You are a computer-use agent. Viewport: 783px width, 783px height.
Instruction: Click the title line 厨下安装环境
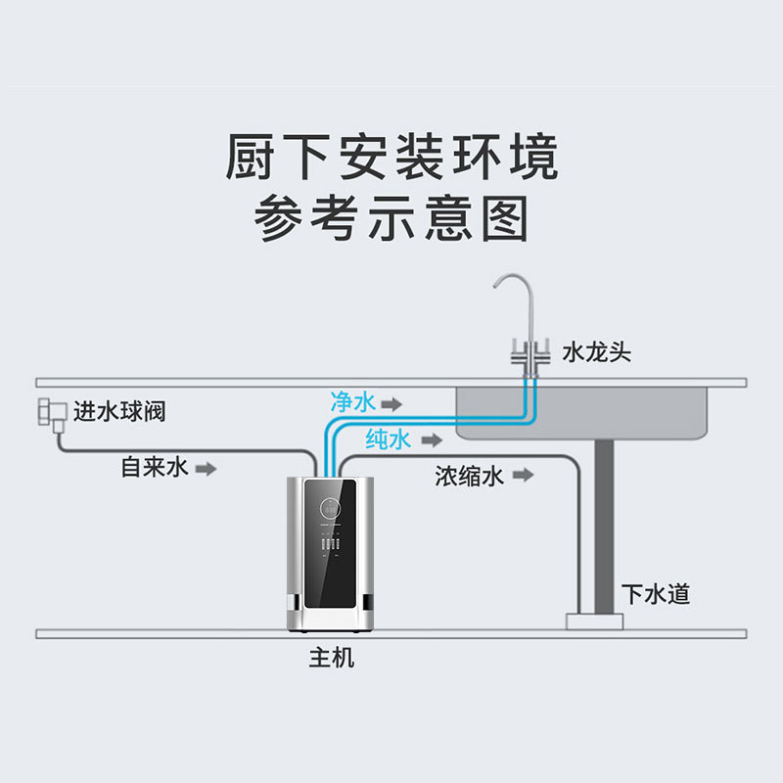391,157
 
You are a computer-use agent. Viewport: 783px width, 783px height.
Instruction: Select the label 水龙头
596,352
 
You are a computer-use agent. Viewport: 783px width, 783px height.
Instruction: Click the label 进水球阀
119,411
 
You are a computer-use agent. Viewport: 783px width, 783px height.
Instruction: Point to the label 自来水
154,468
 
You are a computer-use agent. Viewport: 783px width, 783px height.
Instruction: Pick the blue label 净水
352,402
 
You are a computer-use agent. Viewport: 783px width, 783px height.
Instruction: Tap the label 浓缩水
470,476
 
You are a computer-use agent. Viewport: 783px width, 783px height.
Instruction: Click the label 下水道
656,593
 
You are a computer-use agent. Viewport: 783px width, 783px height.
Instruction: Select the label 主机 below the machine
332,659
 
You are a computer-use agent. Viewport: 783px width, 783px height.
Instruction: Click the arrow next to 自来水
206,469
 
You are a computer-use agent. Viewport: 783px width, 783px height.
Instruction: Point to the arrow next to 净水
391,403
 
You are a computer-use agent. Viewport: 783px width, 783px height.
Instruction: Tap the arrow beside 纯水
427,440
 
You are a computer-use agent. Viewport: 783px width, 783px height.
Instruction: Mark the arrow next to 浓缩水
524,476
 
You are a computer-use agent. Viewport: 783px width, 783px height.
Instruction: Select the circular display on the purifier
329,509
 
